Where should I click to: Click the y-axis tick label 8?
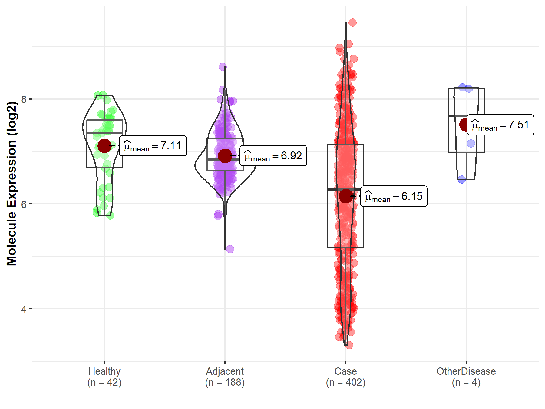pyautogui.click(x=24, y=99)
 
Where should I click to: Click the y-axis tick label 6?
pyautogui.click(x=24, y=204)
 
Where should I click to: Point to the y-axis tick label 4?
pyautogui.click(x=24, y=309)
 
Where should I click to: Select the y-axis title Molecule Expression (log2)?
pyautogui.click(x=12, y=184)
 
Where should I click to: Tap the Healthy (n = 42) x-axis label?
pyautogui.click(x=104, y=377)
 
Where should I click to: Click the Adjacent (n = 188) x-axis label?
pyautogui.click(x=225, y=377)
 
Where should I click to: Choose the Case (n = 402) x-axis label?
pyautogui.click(x=345, y=377)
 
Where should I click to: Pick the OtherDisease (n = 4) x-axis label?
pyautogui.click(x=466, y=377)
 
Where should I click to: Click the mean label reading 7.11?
pyautogui.click(x=153, y=146)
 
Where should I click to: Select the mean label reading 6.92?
pyautogui.click(x=273, y=156)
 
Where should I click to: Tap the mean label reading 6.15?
pyautogui.click(x=394, y=196)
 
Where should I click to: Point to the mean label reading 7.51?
pyautogui.click(x=500, y=125)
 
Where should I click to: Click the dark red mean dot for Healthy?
pyautogui.click(x=104, y=146)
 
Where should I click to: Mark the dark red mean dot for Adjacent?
pyautogui.click(x=225, y=156)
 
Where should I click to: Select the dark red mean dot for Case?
pyautogui.click(x=345, y=196)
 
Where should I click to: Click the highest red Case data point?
pyautogui.click(x=352, y=22)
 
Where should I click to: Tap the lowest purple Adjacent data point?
pyautogui.click(x=230, y=249)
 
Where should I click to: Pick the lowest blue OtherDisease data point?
pyautogui.click(x=462, y=179)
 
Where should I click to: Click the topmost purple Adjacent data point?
pyautogui.click(x=223, y=67)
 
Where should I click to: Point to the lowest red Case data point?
pyautogui.click(x=349, y=345)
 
